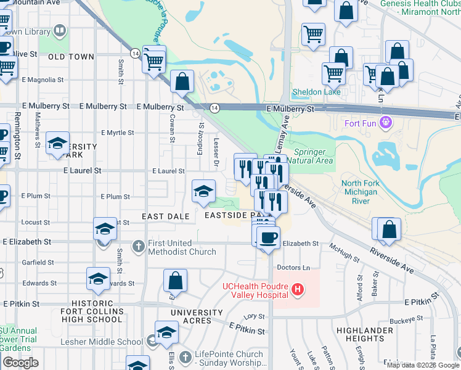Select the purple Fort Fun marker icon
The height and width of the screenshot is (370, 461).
[386, 123]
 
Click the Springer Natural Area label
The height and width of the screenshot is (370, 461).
[314, 156]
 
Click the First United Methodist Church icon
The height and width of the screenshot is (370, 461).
[138, 246]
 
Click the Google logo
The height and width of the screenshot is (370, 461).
[20, 363]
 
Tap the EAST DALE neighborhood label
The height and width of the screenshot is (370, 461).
[165, 216]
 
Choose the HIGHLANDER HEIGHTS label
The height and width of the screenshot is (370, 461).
[365, 334]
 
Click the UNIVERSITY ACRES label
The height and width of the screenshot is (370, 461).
[197, 316]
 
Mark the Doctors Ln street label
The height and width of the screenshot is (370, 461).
[293, 267]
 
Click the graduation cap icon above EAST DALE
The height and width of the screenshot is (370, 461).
[203, 192]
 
